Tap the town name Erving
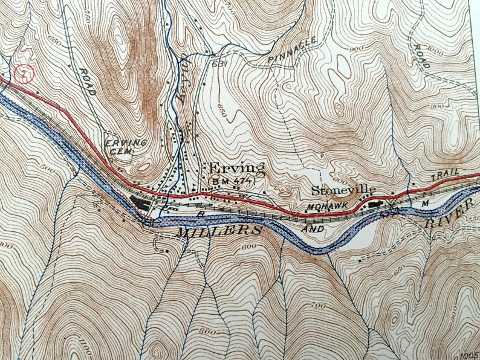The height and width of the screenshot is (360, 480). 236,168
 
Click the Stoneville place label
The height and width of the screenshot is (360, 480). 339,190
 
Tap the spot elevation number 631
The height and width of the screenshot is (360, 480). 218,62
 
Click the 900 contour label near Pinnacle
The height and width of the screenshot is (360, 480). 356,49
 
